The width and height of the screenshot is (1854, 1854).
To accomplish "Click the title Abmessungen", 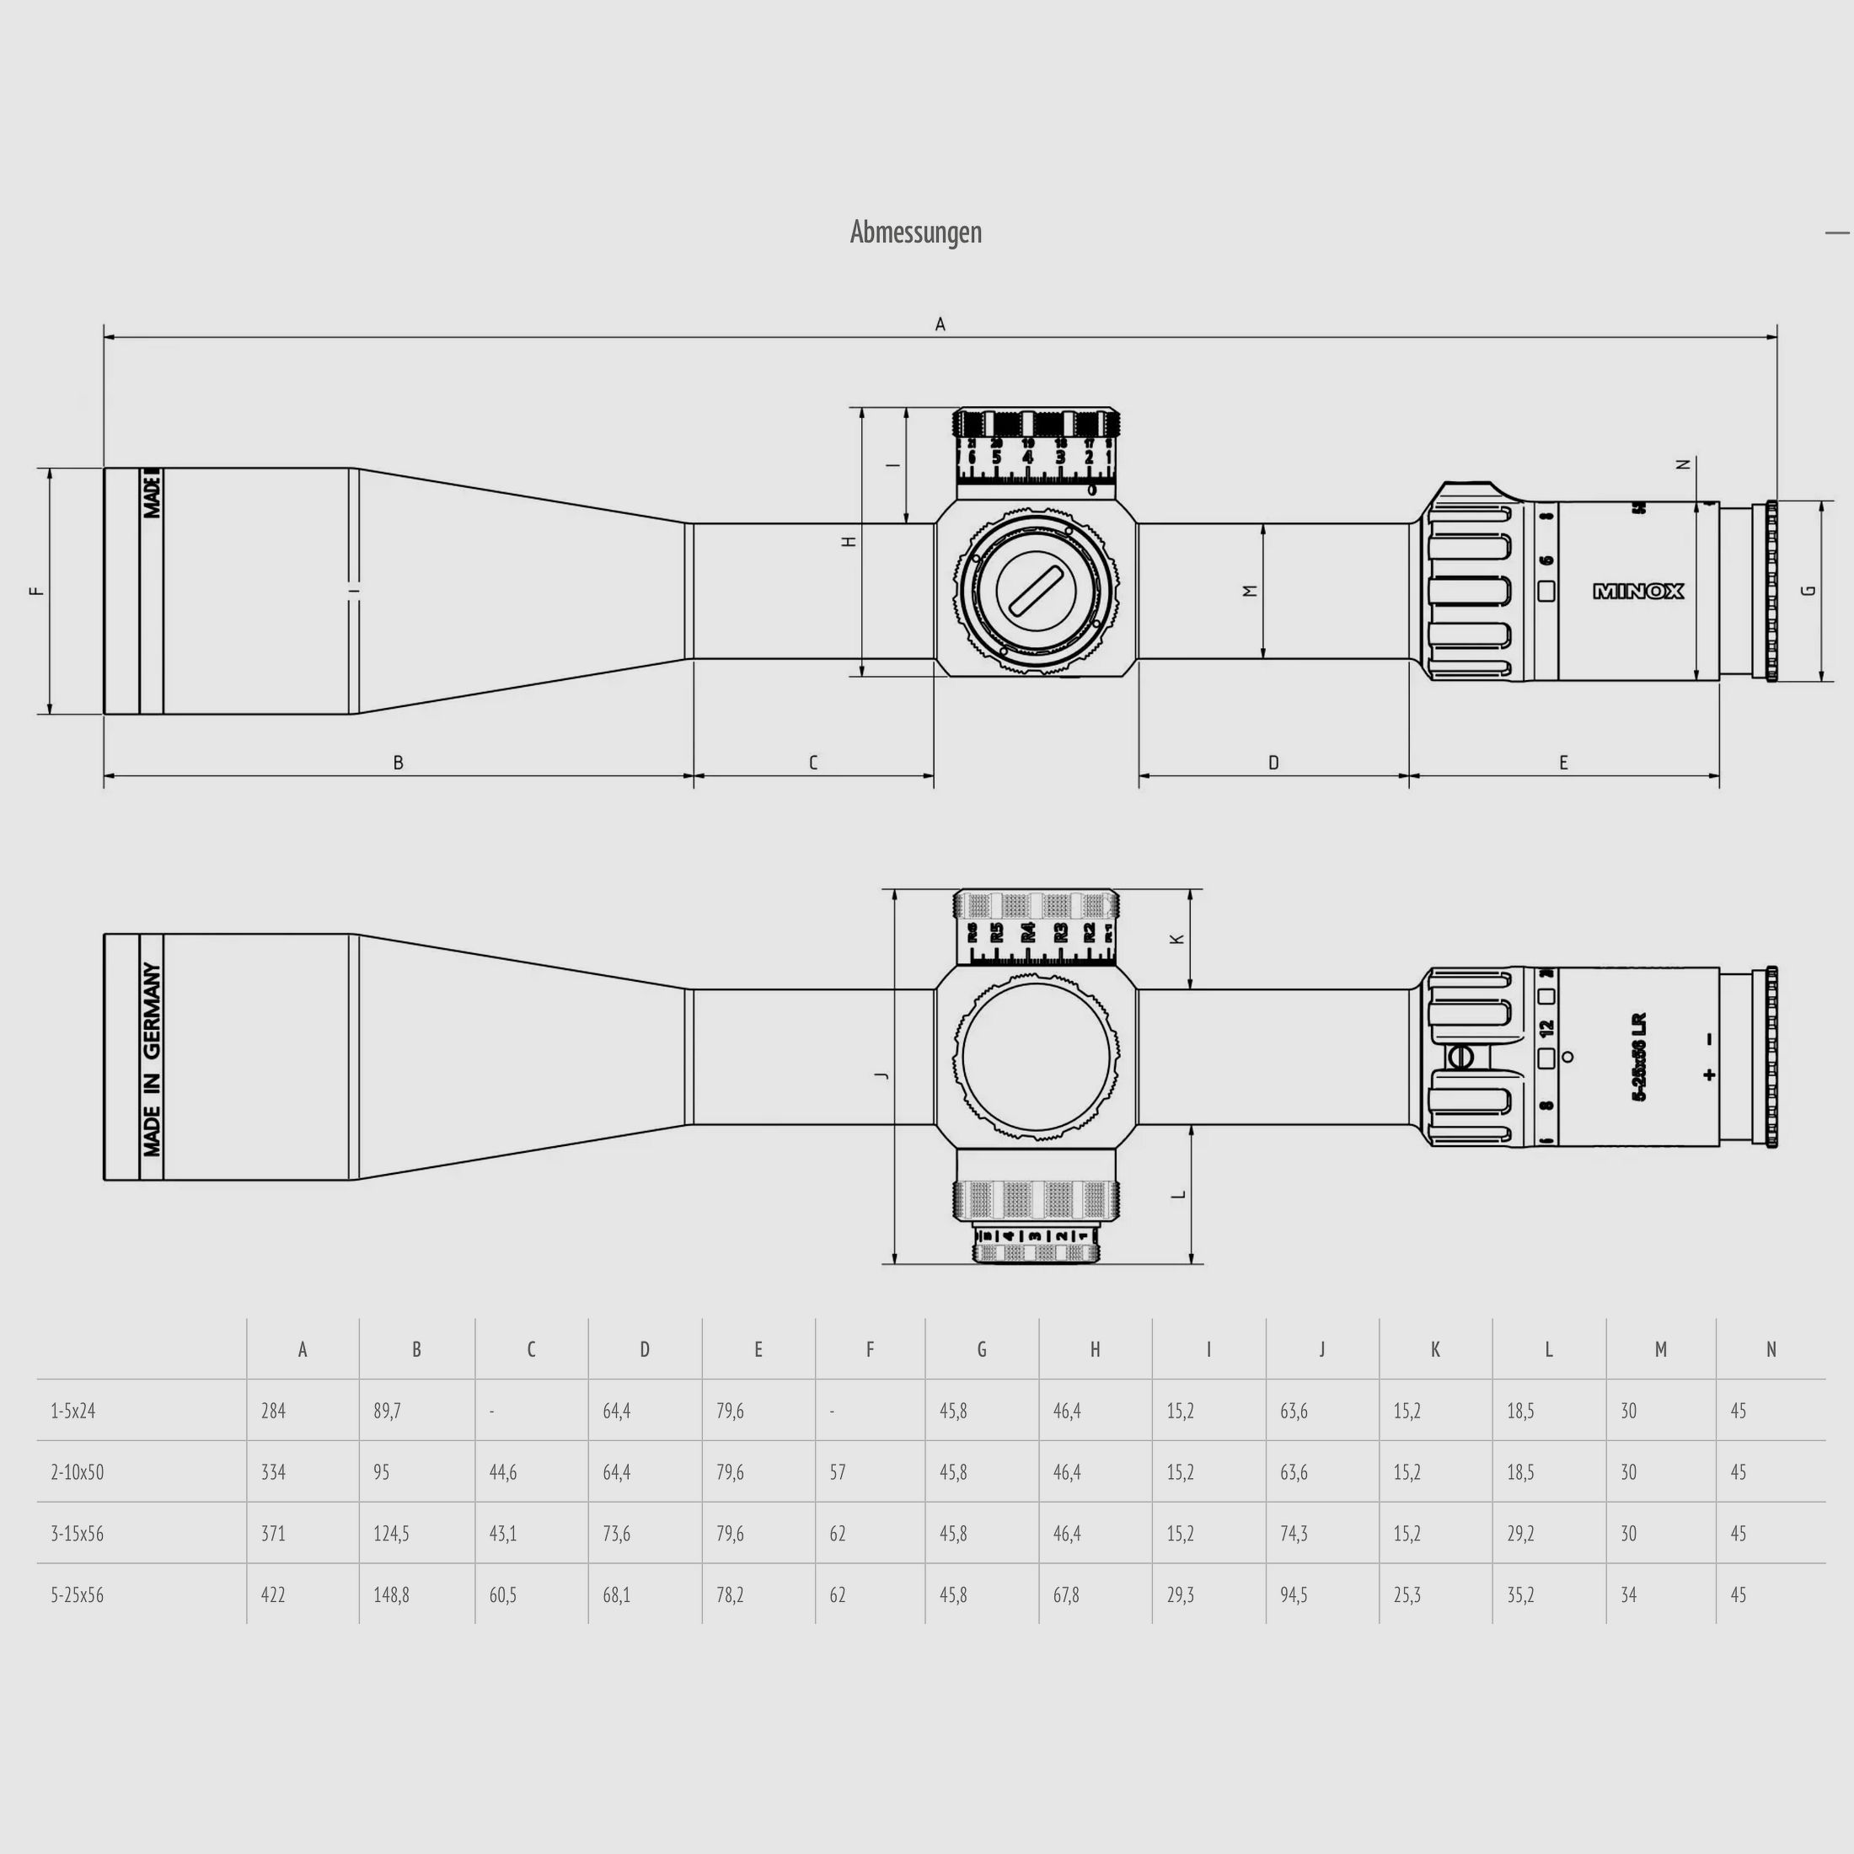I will pyautogui.click(x=915, y=233).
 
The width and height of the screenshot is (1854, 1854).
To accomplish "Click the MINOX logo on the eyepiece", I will pyautogui.click(x=1638, y=591).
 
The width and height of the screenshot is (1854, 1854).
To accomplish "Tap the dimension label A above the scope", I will pyautogui.click(x=940, y=324).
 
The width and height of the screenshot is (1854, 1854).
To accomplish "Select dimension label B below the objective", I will pyautogui.click(x=399, y=763).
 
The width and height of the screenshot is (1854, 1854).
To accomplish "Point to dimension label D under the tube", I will pyautogui.click(x=1273, y=763).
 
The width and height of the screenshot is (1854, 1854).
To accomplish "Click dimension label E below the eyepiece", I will pyautogui.click(x=1563, y=763).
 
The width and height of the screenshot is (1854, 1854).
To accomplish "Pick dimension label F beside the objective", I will pyautogui.click(x=37, y=591).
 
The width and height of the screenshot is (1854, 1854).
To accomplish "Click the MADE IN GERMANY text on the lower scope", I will pyautogui.click(x=152, y=1058).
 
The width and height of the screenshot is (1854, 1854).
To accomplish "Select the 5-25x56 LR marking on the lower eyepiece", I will pyautogui.click(x=1639, y=1057).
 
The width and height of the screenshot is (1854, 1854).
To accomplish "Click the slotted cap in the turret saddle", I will pyautogui.click(x=1036, y=590).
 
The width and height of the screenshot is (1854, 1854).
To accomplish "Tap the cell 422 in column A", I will pyautogui.click(x=274, y=1595).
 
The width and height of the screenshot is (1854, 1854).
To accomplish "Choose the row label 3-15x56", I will pyautogui.click(x=78, y=1534).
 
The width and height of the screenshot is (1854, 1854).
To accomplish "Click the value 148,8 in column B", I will pyautogui.click(x=392, y=1595).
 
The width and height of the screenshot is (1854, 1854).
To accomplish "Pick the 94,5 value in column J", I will pyautogui.click(x=1294, y=1595).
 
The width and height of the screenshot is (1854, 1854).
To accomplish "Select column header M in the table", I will pyautogui.click(x=1660, y=1349).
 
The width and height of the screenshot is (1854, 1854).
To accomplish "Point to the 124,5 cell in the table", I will pyautogui.click(x=392, y=1534).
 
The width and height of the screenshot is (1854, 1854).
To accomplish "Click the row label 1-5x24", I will pyautogui.click(x=73, y=1411).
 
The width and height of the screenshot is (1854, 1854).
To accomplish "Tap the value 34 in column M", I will pyautogui.click(x=1628, y=1595).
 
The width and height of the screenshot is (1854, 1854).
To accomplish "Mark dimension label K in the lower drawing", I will pyautogui.click(x=1177, y=939).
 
